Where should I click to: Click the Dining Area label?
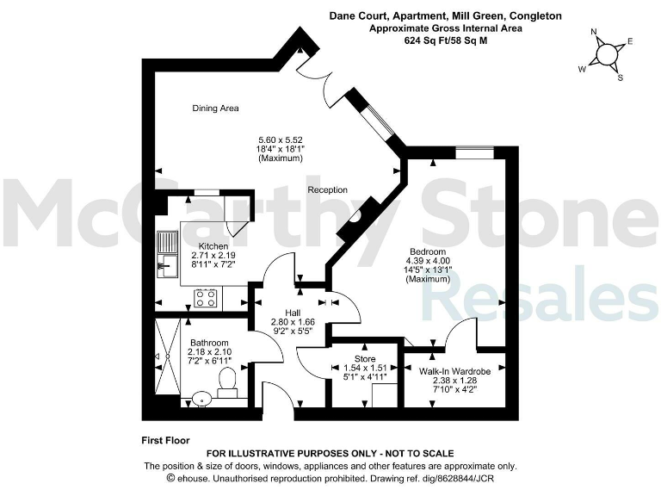coord(215,108)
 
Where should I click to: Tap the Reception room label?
coord(327,189)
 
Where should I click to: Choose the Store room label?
coord(365,357)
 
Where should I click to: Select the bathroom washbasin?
coord(200,399)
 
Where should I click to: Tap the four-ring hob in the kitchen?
coord(206,298)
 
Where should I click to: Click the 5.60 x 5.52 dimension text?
coord(281,139)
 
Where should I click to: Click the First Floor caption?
coord(165,440)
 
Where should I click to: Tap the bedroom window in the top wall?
coord(475,153)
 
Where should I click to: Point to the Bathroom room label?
coord(211,342)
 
